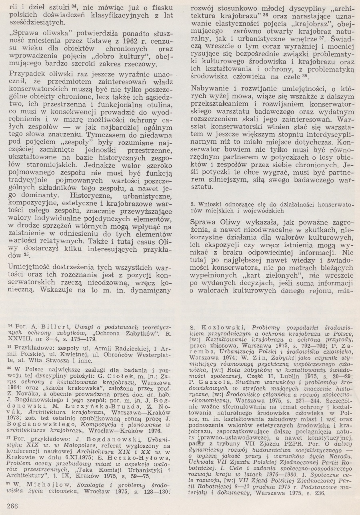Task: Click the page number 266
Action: [12, 505]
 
